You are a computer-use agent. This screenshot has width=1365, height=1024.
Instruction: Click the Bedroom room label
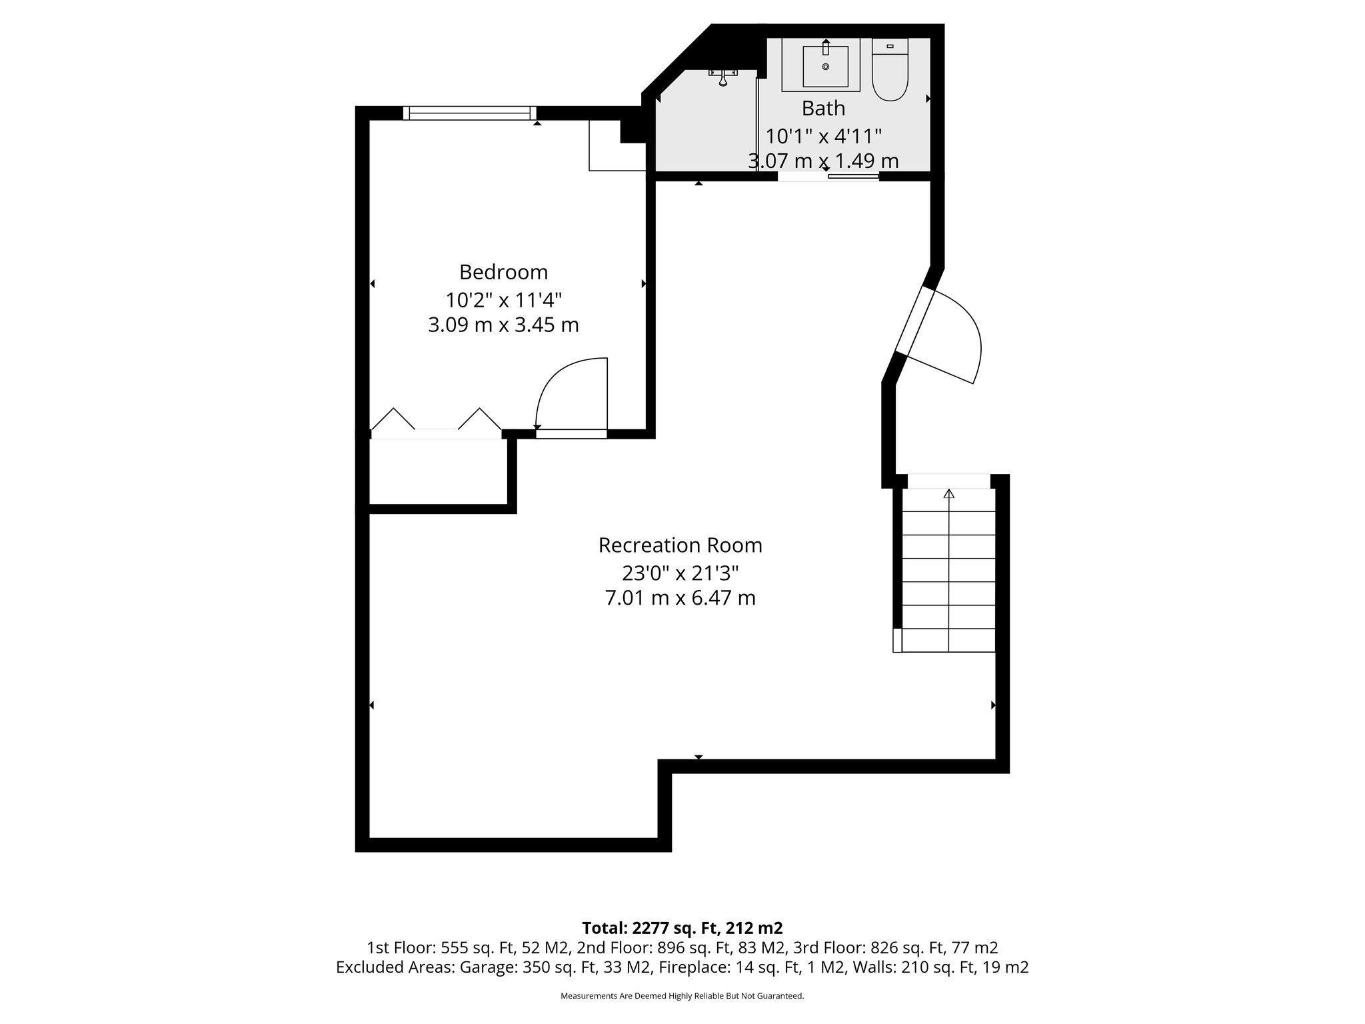tap(503, 272)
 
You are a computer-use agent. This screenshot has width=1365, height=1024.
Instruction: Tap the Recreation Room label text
tap(680, 545)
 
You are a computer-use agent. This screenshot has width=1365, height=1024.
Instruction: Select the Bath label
tap(823, 108)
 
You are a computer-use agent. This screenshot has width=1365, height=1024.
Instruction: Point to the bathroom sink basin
tap(825, 67)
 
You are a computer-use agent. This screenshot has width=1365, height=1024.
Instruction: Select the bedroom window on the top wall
tap(470, 113)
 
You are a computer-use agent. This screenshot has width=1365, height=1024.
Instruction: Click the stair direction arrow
tap(948, 494)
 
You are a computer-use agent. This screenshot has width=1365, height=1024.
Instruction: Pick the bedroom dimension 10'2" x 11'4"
tap(503, 300)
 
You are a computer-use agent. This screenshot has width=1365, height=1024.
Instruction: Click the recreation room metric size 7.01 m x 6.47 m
tap(680, 598)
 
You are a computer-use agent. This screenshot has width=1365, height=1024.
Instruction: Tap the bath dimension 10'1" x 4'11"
tap(823, 137)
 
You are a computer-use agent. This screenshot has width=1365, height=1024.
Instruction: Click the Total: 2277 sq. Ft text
tap(682, 928)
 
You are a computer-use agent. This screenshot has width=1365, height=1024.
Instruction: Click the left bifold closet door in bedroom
tap(393, 420)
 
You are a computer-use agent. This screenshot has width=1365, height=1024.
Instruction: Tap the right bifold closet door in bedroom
tap(479, 420)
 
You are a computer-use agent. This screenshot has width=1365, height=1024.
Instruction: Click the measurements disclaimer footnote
tap(682, 996)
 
